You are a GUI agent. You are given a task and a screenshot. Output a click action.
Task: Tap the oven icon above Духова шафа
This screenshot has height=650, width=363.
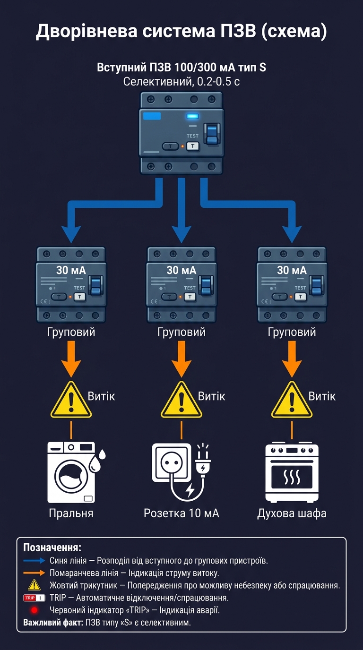pos(292,472)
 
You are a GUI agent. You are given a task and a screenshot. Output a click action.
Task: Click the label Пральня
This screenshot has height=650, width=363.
pos(71,513)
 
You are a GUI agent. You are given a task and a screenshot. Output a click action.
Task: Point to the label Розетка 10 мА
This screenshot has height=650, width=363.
pos(181,513)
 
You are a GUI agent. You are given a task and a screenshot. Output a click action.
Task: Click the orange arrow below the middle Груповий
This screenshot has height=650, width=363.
pos(181,359)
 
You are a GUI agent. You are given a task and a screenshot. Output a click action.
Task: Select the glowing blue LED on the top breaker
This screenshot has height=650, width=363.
pos(192,117)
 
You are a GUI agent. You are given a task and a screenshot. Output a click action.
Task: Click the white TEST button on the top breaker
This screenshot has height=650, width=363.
pos(192,146)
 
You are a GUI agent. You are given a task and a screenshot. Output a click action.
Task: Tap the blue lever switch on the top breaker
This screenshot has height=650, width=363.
pos(212,134)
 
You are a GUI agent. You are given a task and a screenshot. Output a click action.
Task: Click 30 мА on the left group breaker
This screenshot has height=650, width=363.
pos(71,271)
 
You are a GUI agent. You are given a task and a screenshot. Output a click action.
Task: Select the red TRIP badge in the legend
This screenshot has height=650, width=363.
pos(34,598)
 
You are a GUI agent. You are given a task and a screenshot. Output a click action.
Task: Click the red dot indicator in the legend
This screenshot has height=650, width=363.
pos(34,610)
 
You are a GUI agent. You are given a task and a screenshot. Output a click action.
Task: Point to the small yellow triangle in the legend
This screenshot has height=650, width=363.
pos(34,585)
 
